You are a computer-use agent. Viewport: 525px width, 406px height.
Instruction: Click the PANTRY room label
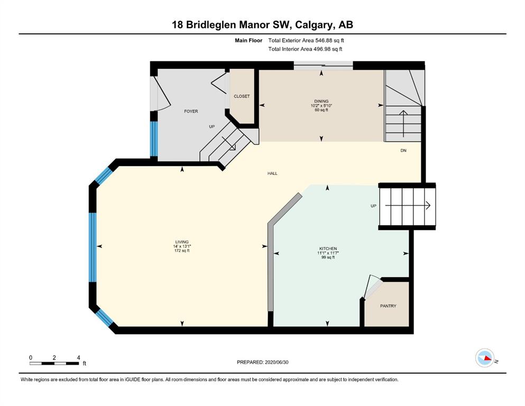click(388, 306)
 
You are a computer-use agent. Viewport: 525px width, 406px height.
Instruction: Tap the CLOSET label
click(242, 96)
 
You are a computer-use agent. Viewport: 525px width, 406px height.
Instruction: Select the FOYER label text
click(191, 112)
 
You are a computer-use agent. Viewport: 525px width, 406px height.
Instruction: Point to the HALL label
click(272, 173)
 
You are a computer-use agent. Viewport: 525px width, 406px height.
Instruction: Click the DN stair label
click(403, 151)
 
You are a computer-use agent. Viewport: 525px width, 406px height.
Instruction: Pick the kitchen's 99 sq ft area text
click(328, 257)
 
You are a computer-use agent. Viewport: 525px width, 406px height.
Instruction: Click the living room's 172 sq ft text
click(182, 251)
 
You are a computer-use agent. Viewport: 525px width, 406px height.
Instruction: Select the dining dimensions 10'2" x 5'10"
click(321, 105)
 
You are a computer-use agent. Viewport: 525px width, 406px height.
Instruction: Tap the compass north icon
click(485, 358)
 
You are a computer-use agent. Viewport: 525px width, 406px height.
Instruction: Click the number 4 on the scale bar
click(78, 357)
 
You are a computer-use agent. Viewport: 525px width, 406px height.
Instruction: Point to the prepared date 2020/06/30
click(277, 362)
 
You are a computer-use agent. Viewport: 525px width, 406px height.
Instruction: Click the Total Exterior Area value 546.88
click(325, 41)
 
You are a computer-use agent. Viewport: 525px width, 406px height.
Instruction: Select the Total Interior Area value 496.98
click(323, 49)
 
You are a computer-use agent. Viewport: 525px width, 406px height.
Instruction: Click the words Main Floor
click(248, 41)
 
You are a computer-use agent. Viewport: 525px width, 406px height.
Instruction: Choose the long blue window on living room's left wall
click(93, 247)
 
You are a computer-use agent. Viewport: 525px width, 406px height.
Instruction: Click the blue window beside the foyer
click(154, 139)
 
